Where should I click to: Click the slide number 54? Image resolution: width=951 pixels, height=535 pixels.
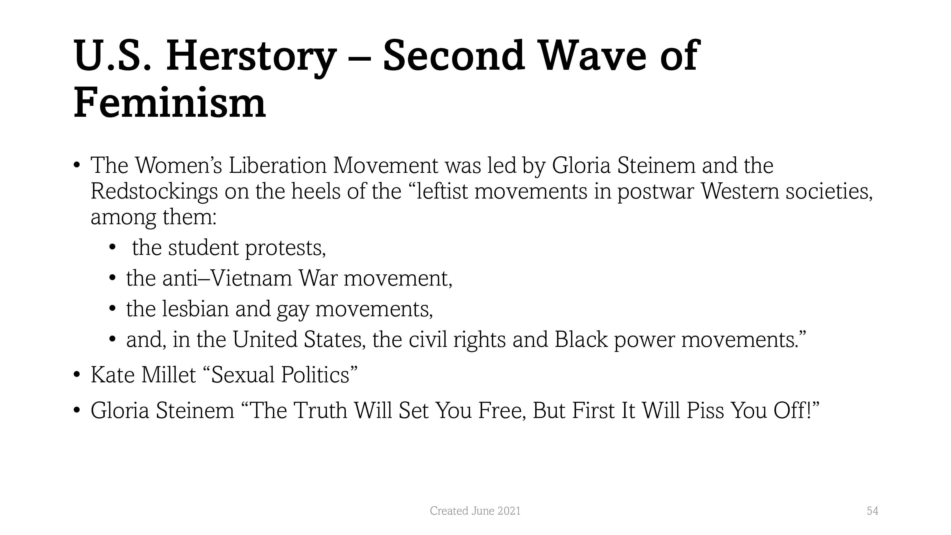point(872,511)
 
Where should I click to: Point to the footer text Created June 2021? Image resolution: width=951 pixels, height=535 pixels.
point(475,511)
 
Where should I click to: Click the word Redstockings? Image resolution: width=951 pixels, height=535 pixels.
point(154,192)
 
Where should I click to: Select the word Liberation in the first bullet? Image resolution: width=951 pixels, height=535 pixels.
point(277,165)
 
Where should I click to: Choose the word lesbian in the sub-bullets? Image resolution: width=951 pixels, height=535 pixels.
point(196,309)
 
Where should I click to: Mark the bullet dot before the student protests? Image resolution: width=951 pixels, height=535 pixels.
point(112,248)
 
